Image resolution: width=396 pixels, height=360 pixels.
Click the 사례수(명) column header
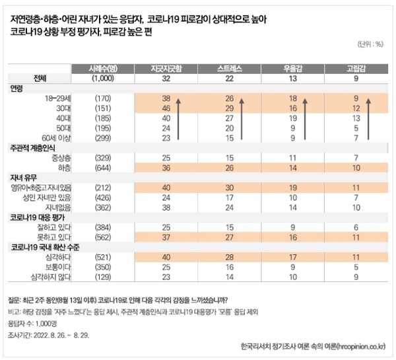(99, 68)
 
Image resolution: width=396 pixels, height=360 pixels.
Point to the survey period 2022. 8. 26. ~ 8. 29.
(46, 335)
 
